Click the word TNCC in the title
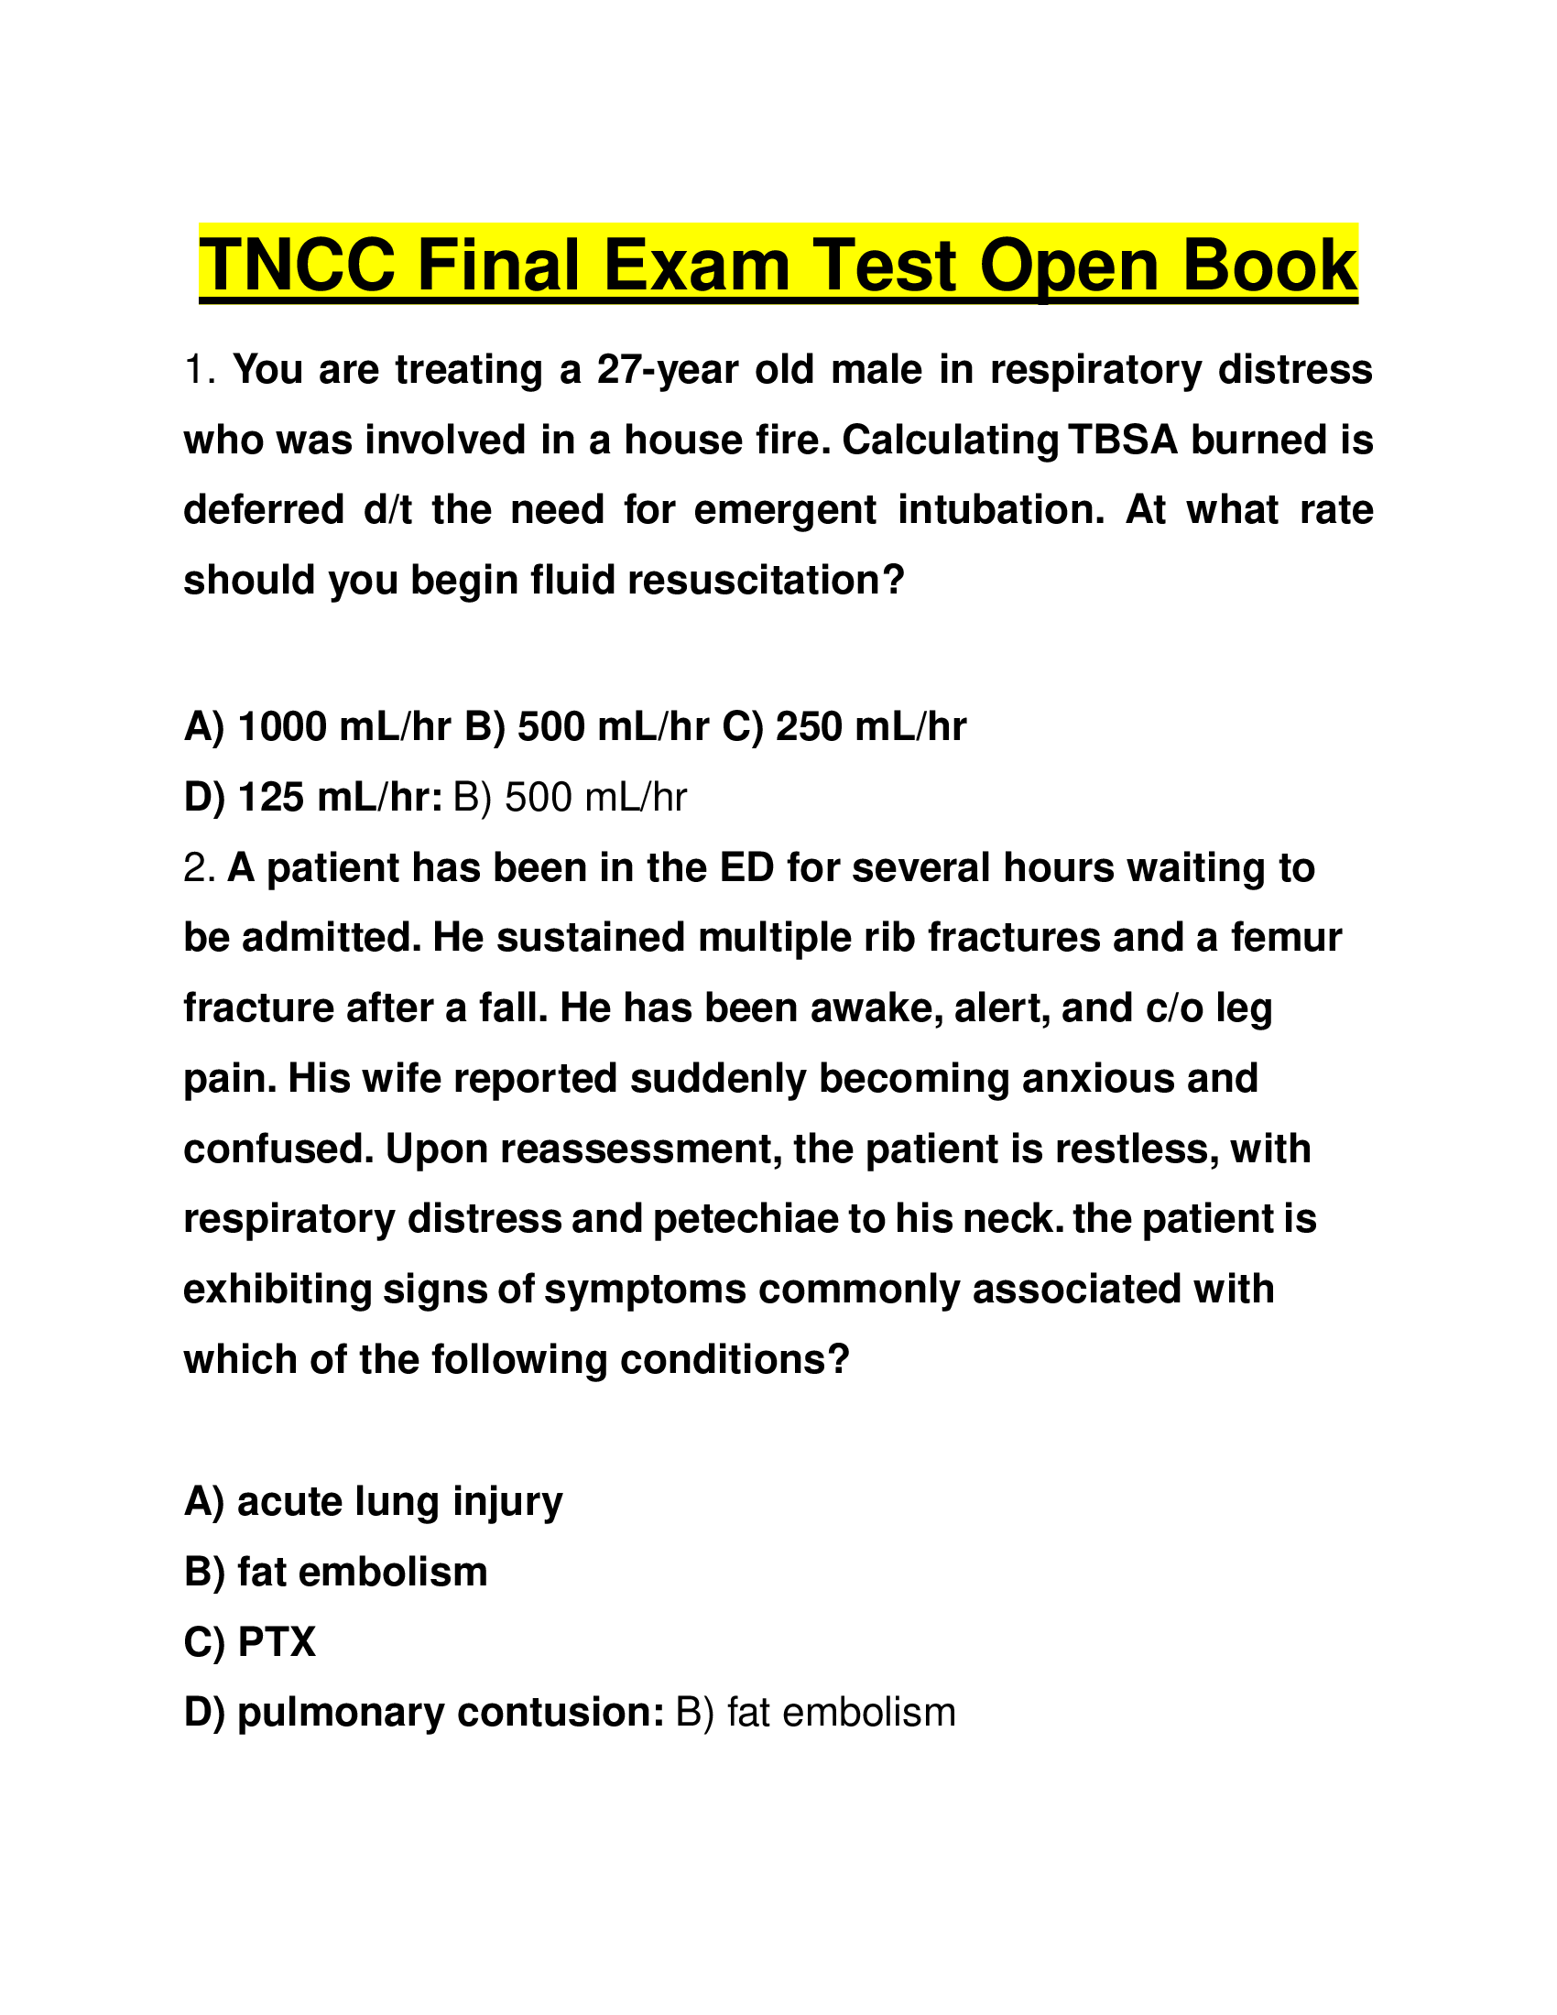[x=297, y=266]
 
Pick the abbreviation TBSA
[x=1122, y=440]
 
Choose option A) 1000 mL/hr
[x=317, y=728]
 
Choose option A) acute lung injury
[x=373, y=1502]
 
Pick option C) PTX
[x=249, y=1642]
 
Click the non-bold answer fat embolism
[x=815, y=1713]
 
